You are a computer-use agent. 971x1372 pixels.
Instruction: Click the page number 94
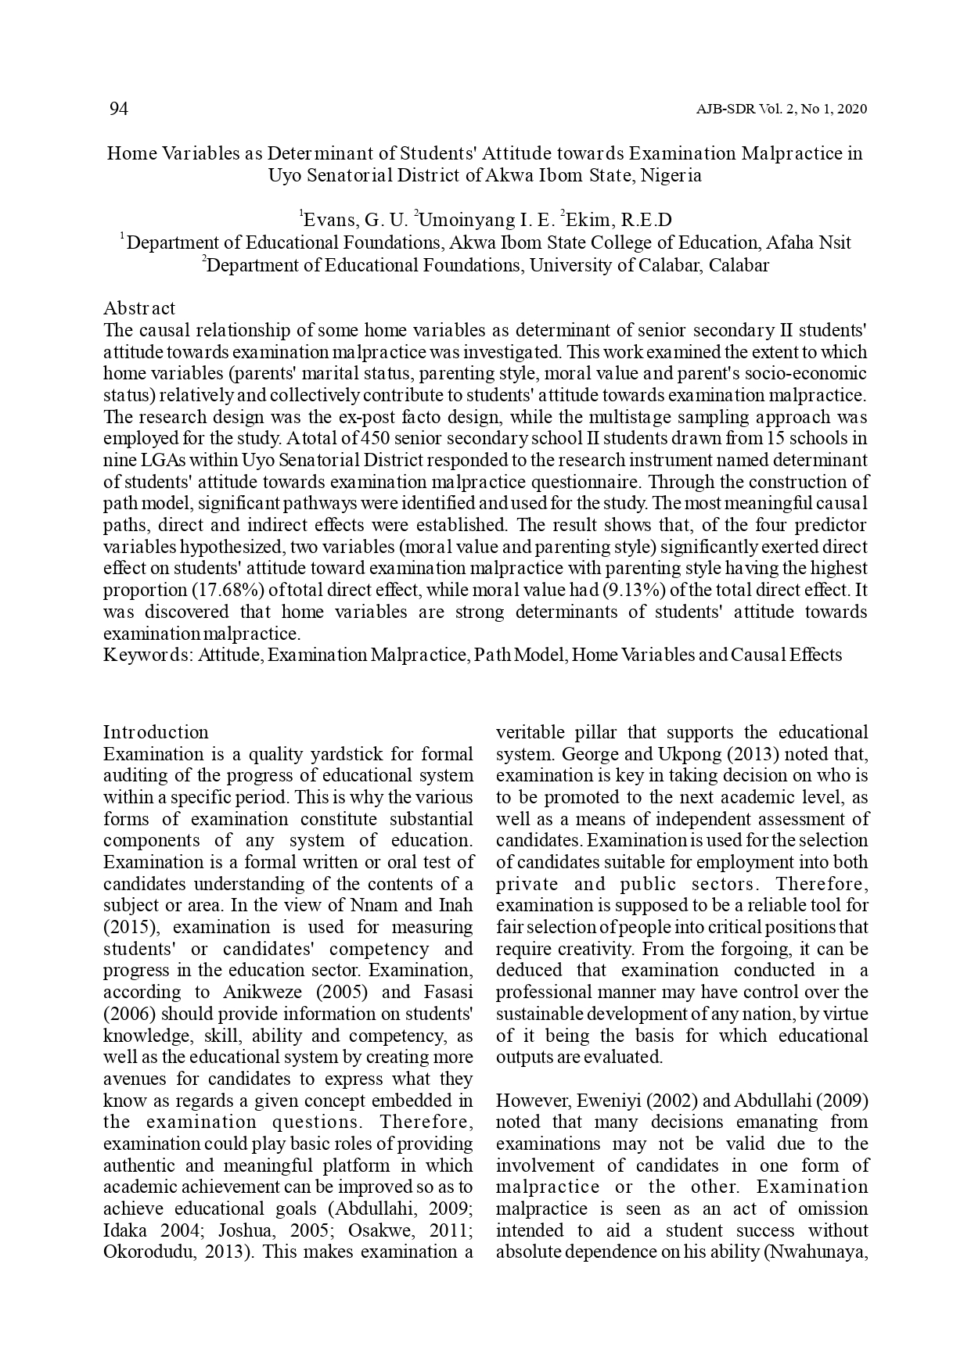point(118,109)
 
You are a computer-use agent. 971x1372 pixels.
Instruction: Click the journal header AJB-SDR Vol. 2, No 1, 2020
point(781,110)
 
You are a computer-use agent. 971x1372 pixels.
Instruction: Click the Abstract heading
point(139,308)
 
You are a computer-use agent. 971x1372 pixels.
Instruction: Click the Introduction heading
point(156,732)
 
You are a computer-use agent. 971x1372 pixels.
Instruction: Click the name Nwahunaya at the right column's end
point(817,1252)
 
